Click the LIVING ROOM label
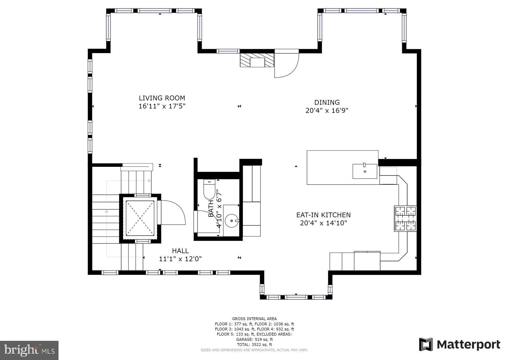[162, 98]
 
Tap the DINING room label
[327, 102]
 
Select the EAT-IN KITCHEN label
[323, 215]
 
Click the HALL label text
[180, 251]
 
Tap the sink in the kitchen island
[365, 171]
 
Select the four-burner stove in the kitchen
[405, 218]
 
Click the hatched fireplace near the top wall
[257, 60]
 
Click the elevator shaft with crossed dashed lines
[140, 218]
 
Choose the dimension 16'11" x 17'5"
[162, 106]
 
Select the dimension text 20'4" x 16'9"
[327, 110]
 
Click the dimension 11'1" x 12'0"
[180, 259]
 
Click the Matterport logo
[459, 344]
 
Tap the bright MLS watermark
[29, 350]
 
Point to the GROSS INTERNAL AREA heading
[254, 319]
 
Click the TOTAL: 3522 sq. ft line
[254, 345]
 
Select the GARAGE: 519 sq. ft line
[254, 339]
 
